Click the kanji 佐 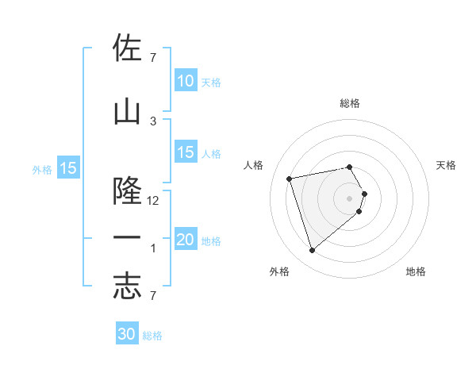(127, 50)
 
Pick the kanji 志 (127, 286)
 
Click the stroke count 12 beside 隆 (153, 201)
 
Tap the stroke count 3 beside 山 (153, 121)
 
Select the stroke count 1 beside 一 (153, 248)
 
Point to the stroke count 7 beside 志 (153, 296)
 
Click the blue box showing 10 (186, 81)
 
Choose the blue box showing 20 (186, 240)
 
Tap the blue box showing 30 (127, 334)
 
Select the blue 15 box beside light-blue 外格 (67, 168)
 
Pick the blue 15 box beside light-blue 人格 (186, 153)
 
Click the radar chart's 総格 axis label (350, 103)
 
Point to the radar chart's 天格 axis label (447, 165)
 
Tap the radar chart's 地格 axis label (416, 271)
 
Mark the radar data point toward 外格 (313, 251)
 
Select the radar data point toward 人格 (290, 178)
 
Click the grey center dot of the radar (350, 198)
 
